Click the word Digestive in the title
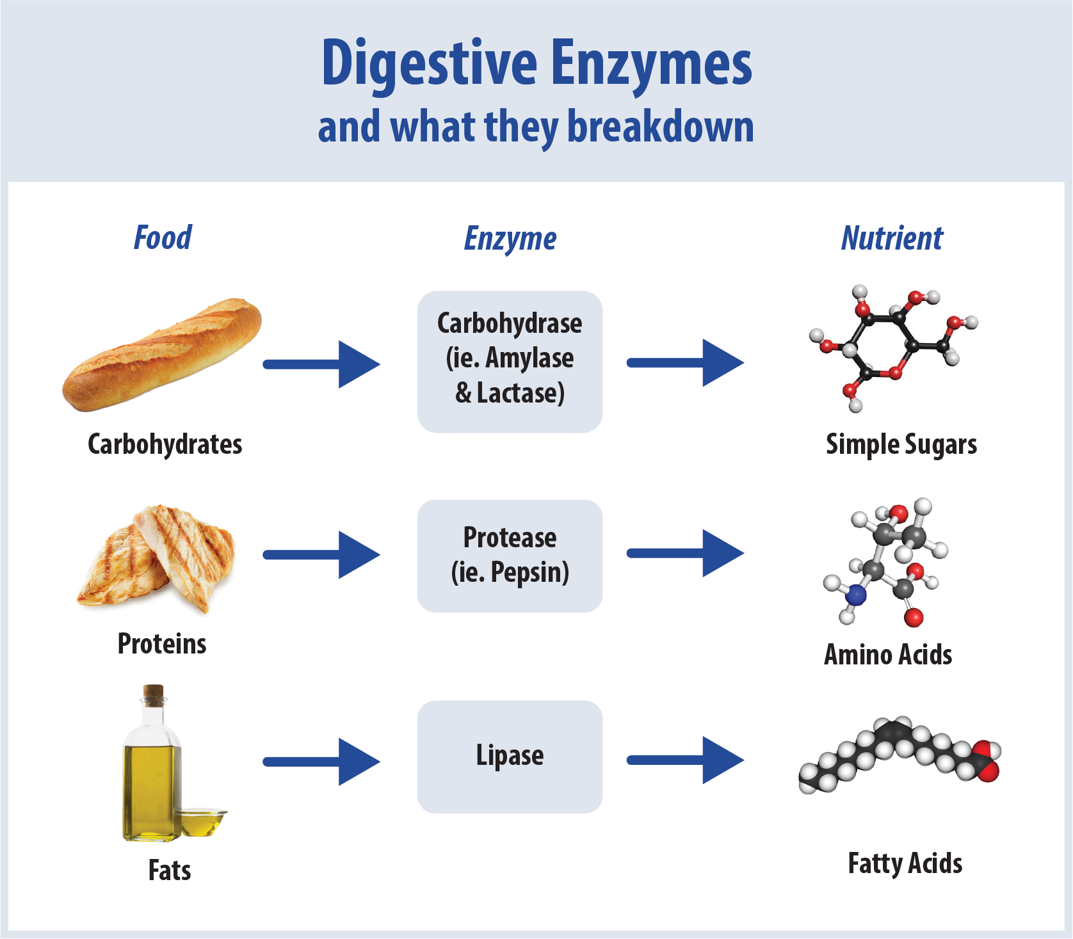click(428, 64)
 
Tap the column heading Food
click(163, 237)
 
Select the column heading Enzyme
click(510, 239)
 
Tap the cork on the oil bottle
click(153, 694)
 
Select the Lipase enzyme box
click(510, 757)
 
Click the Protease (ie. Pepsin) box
click(510, 556)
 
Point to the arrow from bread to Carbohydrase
click(321, 364)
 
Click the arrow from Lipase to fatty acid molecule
click(685, 760)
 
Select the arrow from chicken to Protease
click(321, 554)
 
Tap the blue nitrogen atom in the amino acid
click(855, 595)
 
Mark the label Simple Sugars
click(901, 444)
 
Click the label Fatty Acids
click(905, 863)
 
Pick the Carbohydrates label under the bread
click(165, 444)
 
